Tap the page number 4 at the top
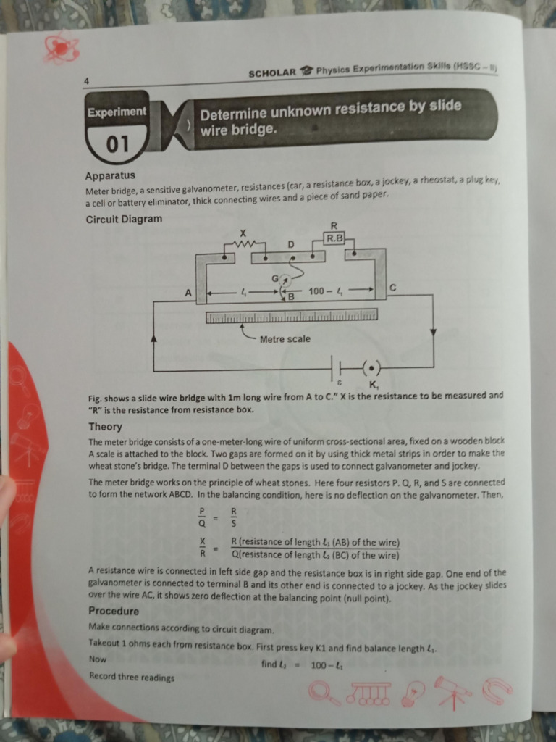coord(86,82)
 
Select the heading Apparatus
coord(109,175)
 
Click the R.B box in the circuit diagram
coord(334,237)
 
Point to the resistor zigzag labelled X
coord(245,244)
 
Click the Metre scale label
coord(285,339)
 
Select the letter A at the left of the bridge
coord(188,293)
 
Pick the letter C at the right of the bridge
coord(392,288)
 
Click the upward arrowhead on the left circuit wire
coord(153,338)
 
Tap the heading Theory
coord(105,427)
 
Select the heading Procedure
coord(113,611)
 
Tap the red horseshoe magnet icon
coord(497,688)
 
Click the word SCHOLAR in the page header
coord(271,72)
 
